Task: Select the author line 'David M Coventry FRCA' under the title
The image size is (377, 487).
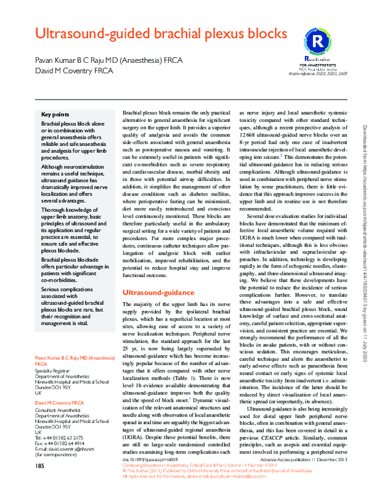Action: click(x=70, y=71)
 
